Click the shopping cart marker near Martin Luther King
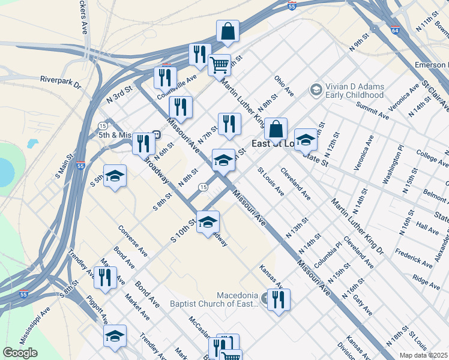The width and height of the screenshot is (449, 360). pyautogui.click(x=220, y=64)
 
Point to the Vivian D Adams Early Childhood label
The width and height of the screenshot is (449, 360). pyautogui.click(x=354, y=91)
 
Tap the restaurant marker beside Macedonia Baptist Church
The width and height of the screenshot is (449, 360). pyautogui.click(x=279, y=299)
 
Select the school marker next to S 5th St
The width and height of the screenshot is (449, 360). pyautogui.click(x=115, y=176)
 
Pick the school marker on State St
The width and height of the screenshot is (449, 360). pyautogui.click(x=306, y=140)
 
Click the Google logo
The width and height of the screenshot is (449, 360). pyautogui.click(x=20, y=353)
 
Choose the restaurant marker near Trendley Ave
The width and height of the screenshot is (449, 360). pyautogui.click(x=106, y=278)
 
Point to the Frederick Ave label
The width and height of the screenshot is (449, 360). pyautogui.click(x=414, y=257)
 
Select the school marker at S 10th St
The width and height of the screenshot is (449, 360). pyautogui.click(x=208, y=223)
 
